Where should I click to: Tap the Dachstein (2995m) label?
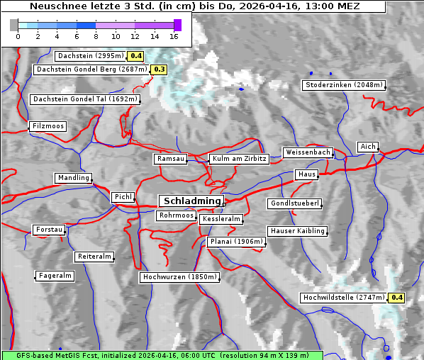89,55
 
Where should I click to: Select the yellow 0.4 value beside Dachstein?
136,55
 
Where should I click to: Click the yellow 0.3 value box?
159,69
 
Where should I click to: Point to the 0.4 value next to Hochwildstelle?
396,298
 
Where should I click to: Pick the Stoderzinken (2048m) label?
344,85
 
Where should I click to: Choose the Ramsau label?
171,159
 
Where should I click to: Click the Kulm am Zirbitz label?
239,159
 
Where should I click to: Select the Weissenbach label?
307,152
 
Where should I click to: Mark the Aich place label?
368,147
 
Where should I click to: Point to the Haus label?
306,174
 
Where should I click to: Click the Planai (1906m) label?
237,242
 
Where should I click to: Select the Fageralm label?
55,276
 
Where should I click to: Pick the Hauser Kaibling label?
297,230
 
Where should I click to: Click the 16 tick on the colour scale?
174,36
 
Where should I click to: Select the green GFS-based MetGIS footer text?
162,355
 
